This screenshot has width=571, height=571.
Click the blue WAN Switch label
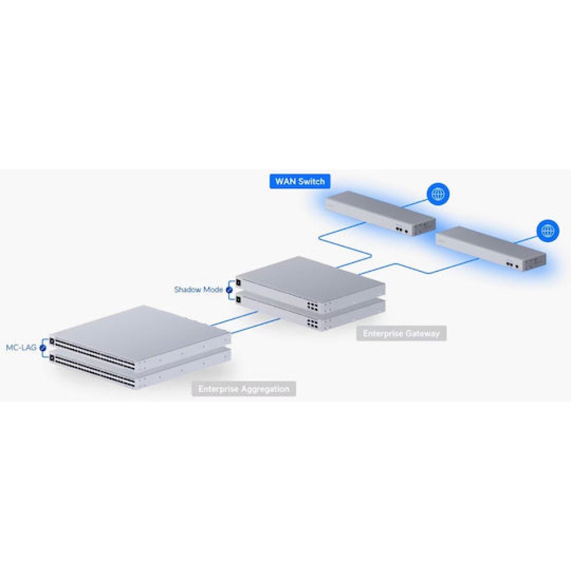click(300, 181)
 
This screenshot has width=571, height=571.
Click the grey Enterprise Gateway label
click(401, 333)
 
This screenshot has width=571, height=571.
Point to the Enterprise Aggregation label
click(244, 389)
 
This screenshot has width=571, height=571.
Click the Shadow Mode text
click(198, 289)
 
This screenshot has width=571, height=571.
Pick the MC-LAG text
click(21, 348)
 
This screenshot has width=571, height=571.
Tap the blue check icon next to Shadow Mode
click(229, 289)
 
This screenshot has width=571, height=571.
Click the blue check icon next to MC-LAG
click(43, 348)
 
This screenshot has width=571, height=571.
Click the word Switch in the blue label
click(312, 181)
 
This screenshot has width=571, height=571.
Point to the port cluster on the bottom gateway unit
click(313, 323)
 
